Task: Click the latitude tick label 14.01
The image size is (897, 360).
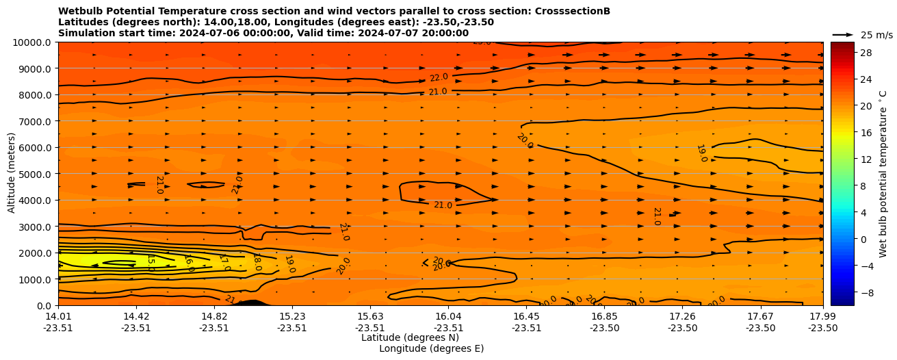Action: point(58,316)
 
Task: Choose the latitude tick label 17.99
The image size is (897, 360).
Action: point(822,316)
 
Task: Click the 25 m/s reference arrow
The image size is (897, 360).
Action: point(843,34)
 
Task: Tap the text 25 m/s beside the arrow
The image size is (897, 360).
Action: point(876,35)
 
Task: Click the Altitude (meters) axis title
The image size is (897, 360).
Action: point(12,174)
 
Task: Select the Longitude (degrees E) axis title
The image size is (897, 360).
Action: point(431,348)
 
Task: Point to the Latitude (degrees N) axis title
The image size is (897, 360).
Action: point(410,337)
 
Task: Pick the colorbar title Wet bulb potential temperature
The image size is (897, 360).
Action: point(883,174)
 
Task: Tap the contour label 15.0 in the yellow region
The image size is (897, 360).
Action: point(151,263)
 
